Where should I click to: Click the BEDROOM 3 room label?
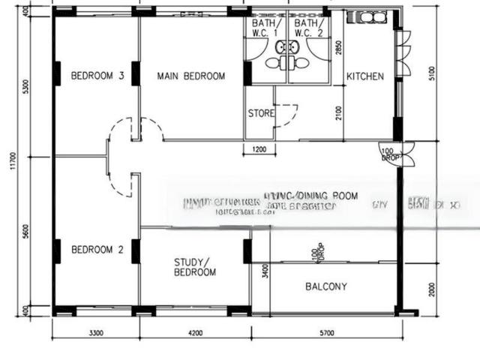[97, 76]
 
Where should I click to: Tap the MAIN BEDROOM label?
[190, 76]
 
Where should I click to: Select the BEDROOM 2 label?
[97, 250]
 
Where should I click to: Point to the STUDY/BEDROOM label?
[194, 267]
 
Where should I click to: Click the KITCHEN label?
[364, 76]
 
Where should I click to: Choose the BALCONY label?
[326, 286]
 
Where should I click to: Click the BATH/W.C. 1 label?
[265, 28]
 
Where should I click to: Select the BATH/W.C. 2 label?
[307, 28]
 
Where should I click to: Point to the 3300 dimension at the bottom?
[95, 331]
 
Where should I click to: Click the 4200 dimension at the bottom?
[194, 331]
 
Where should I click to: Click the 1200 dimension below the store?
[259, 150]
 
